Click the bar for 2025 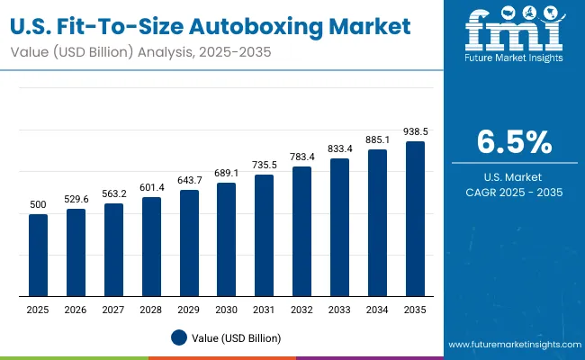[38, 255]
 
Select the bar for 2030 [227, 239]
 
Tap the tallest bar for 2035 [415, 219]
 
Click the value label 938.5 [415, 131]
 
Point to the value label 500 [38, 204]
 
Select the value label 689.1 [227, 173]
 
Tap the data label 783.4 [302, 157]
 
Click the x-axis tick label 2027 [113, 309]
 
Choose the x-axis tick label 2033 [339, 309]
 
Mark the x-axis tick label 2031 [265, 309]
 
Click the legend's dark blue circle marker [178, 337]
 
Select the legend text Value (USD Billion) [237, 337]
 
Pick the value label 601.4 [151, 187]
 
